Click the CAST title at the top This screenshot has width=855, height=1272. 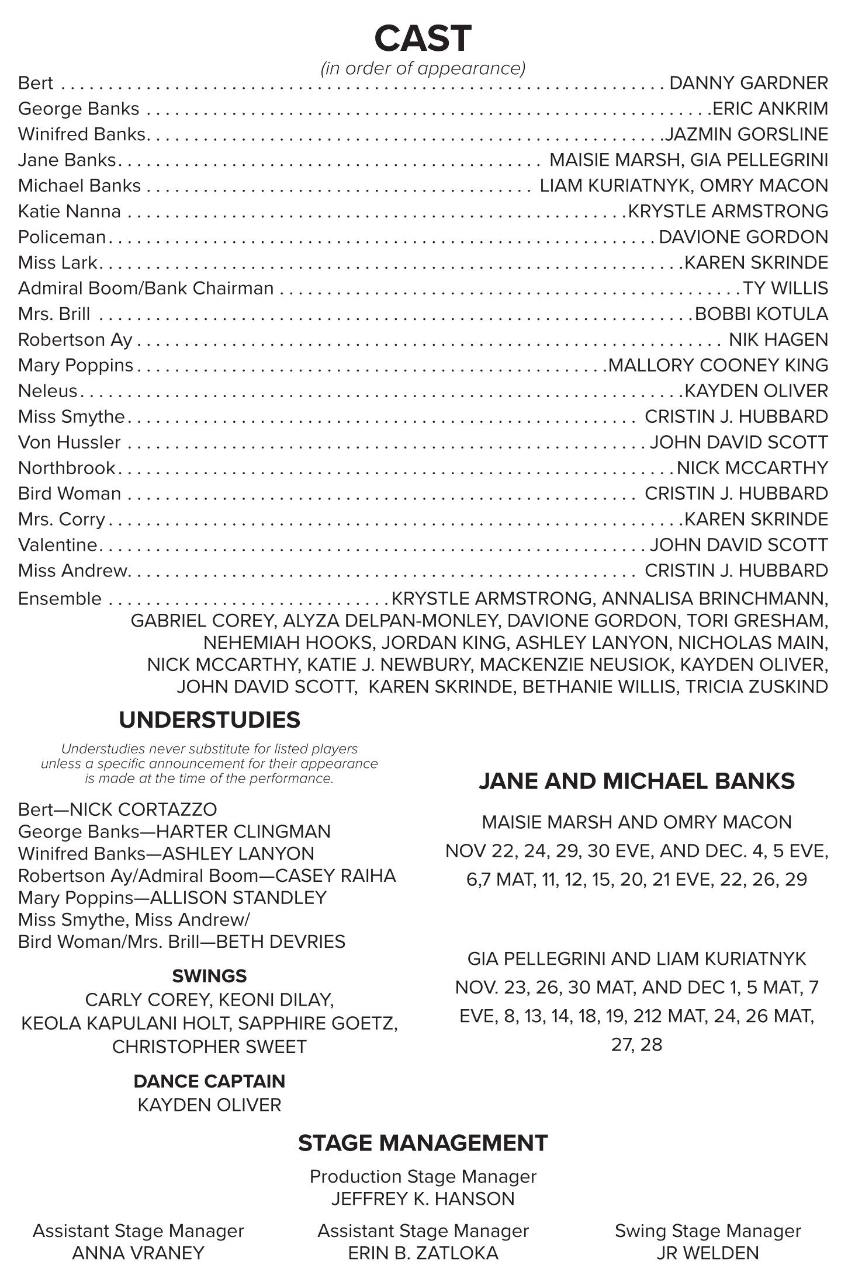pos(423,39)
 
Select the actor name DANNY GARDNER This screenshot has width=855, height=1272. pos(748,83)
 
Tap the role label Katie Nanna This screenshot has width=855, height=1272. pos(70,211)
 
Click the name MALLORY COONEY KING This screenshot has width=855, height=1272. pos(718,366)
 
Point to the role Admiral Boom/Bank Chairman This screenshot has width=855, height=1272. pos(146,289)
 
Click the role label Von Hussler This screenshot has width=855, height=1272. pos(70,443)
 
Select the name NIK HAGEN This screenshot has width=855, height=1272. pos(778,340)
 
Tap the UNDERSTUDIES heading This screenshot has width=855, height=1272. pos(209,720)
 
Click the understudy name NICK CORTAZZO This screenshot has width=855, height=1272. pos(143,809)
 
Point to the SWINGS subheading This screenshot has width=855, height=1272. pos(209,976)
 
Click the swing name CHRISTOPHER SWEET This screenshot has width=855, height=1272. pos(209,1047)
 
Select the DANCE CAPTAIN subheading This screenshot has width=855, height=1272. pos(209,1081)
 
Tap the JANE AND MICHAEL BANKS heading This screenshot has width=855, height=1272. pos(636,781)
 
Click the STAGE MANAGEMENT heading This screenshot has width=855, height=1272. pos(423,1143)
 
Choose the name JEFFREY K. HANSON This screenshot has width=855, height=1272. pos(423,1199)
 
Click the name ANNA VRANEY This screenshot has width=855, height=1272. pos(138,1253)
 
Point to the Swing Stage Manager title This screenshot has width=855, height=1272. pos(707,1231)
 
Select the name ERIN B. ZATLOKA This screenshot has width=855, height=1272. pos(423,1253)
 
